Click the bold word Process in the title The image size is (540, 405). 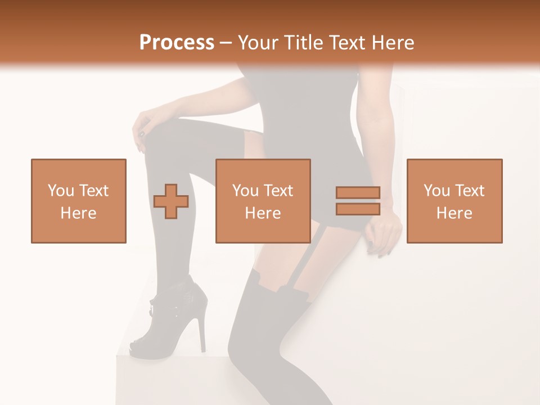[x=177, y=43]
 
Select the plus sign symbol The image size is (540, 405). [x=171, y=201]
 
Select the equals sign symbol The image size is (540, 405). [x=358, y=201]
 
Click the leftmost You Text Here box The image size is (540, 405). [x=79, y=201]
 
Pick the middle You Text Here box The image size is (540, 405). [x=263, y=201]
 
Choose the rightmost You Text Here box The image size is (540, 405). [x=454, y=201]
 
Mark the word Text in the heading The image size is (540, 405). [x=348, y=43]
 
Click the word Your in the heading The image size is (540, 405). [x=258, y=43]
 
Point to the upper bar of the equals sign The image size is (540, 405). [x=358, y=193]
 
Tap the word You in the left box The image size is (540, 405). [x=61, y=191]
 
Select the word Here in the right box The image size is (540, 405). [x=454, y=213]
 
